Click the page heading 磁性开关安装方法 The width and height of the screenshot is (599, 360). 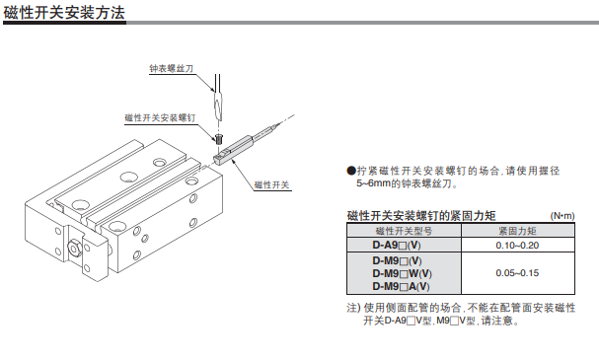[61, 13]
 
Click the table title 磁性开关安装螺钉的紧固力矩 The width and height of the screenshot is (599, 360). [421, 216]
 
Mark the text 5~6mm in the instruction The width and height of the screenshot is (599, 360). [375, 183]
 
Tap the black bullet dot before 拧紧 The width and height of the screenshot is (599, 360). [351, 171]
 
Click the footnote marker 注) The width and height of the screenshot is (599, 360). [353, 308]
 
